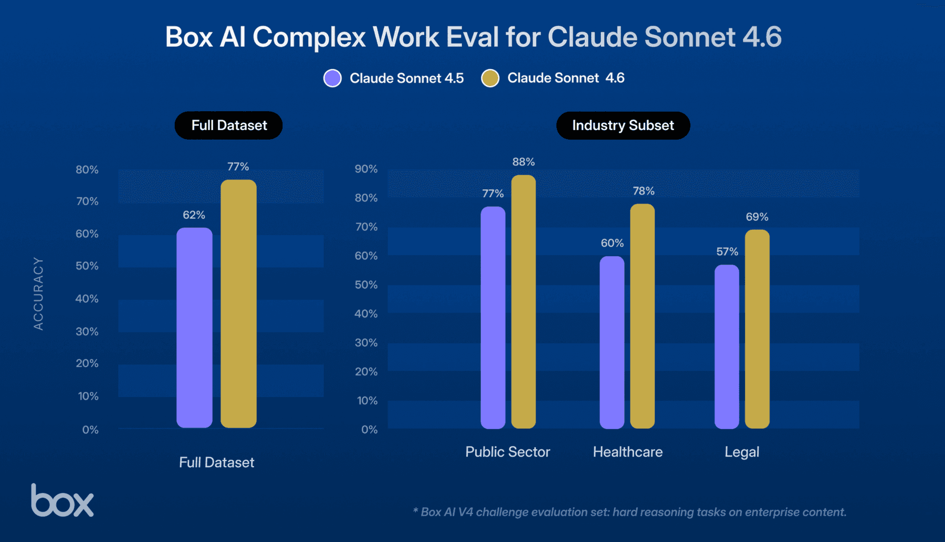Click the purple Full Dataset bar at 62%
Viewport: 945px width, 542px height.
(194, 328)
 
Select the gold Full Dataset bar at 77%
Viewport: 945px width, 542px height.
(238, 304)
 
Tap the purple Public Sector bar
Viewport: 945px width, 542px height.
(493, 317)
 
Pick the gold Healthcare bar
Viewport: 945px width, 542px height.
(642, 316)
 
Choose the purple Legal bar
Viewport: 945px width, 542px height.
(727, 346)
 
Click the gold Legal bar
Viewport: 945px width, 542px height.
(757, 329)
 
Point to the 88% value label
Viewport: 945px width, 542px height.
(523, 162)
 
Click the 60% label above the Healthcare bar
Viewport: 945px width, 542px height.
(612, 243)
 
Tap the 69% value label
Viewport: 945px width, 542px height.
(757, 217)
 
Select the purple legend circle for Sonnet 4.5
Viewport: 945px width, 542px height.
(332, 78)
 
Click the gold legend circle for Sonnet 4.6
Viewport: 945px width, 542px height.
(490, 78)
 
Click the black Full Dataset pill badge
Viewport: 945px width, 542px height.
(229, 125)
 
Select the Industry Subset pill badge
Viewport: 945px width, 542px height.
(623, 125)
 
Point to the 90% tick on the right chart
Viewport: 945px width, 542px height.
(366, 169)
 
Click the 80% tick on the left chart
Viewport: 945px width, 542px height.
(87, 169)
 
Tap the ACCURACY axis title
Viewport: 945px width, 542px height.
(38, 294)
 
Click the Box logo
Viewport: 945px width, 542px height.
(62, 501)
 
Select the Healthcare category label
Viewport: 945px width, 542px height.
(627, 452)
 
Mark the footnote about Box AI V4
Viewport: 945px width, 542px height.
(629, 512)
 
